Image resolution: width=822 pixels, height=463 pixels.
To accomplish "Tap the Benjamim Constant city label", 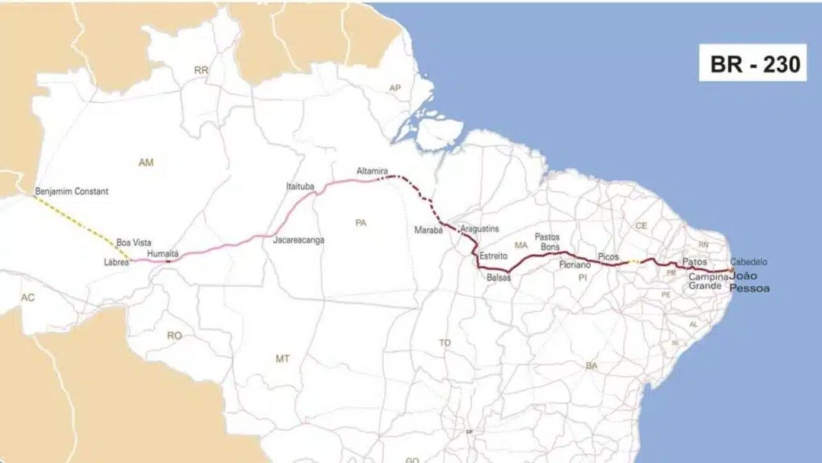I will coord(71,191).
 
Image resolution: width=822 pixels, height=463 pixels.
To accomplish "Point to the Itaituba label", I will coord(300,187).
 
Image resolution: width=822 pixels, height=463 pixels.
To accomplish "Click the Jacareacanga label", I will coord(298,240).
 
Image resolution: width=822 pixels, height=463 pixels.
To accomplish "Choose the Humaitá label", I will coord(162,253).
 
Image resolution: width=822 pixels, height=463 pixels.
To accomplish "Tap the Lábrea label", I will coord(117,261).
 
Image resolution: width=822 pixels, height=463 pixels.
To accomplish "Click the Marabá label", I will coord(428,230).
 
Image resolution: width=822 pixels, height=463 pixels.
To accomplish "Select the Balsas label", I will coord(498,277).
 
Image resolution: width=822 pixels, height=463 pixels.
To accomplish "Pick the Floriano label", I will coord(575,263).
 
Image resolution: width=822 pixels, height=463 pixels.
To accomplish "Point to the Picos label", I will coord(609,256).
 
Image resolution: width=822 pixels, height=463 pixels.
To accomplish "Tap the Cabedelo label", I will coord(749,261).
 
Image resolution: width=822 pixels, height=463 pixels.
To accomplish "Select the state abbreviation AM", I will coord(146,163).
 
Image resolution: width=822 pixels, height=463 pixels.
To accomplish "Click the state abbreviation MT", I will coord(283,359).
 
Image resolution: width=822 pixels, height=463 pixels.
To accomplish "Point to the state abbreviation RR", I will coord(201,71).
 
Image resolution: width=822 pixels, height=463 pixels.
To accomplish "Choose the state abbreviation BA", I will coord(591,365).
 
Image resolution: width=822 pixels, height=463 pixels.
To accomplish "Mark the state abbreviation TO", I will coord(445,342).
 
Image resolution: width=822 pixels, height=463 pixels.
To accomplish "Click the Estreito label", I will coord(494,256).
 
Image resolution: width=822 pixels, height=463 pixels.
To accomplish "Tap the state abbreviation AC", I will coord(27,298).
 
